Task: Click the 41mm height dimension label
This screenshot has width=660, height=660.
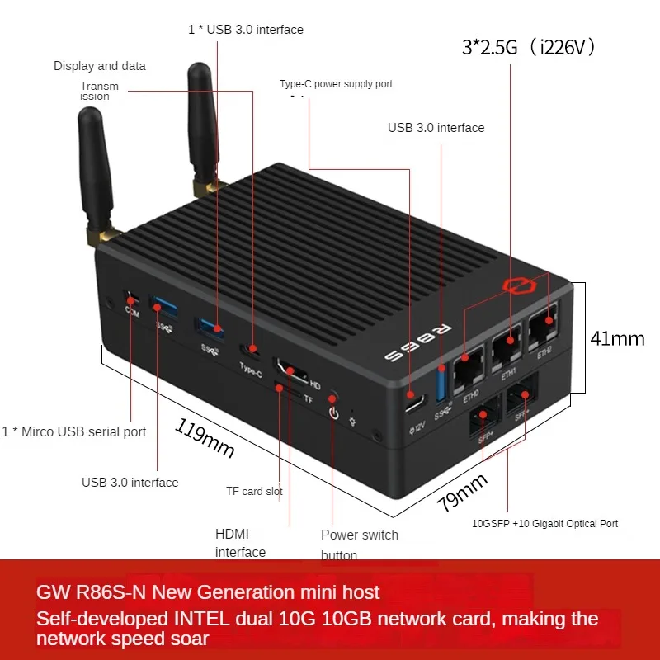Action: (617, 338)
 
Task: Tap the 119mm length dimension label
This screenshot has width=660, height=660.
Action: (205, 437)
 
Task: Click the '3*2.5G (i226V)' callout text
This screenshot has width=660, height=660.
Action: (528, 47)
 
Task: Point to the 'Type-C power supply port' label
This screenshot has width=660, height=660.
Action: (336, 84)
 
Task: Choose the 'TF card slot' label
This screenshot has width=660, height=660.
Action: (254, 491)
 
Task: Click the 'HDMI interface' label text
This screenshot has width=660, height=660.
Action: (240, 543)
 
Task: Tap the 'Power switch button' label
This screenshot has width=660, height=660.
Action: (360, 544)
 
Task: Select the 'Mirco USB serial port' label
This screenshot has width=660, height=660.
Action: (74, 431)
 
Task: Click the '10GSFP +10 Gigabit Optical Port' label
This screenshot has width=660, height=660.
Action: (544, 523)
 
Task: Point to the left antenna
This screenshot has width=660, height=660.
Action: (92, 172)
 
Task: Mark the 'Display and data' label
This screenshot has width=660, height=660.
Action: (99, 66)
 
